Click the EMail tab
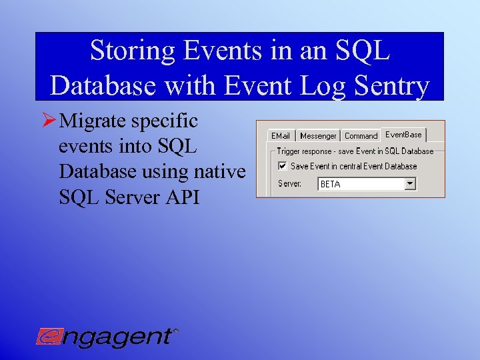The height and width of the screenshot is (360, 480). click(x=280, y=136)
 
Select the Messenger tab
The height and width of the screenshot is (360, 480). click(x=318, y=136)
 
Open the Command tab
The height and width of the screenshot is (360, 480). click(x=361, y=136)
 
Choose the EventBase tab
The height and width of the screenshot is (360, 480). click(x=403, y=135)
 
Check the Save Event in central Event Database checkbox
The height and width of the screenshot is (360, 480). click(x=283, y=166)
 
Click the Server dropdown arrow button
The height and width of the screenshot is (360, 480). click(x=410, y=183)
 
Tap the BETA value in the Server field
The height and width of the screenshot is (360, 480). click(x=331, y=184)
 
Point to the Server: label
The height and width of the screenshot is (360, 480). click(x=289, y=183)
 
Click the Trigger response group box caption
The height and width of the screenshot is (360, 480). click(x=355, y=151)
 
